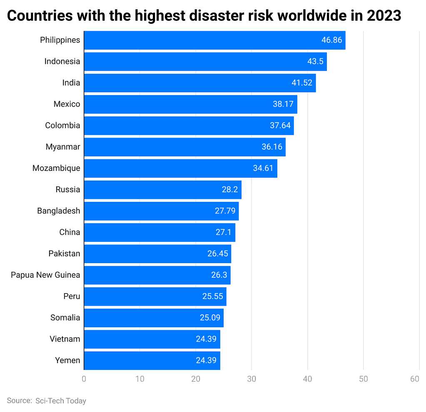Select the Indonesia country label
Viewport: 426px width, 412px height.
(x=62, y=61)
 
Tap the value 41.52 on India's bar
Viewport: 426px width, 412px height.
(x=301, y=83)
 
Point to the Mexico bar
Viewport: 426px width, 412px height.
(x=190, y=104)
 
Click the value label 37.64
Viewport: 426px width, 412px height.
(x=280, y=126)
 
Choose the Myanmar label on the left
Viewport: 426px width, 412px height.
(x=63, y=147)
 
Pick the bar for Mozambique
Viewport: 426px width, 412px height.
(x=180, y=168)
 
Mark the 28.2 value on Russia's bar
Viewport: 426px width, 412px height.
(x=229, y=190)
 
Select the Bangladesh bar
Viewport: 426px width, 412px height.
(x=161, y=211)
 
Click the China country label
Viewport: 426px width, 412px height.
(x=70, y=232)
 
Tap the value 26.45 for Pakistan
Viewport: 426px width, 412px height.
(x=218, y=254)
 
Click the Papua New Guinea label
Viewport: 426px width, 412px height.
(x=45, y=275)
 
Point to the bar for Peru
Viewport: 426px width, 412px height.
(x=155, y=296)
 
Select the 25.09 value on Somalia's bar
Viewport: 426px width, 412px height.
(x=210, y=318)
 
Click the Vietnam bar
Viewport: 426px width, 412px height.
(x=152, y=339)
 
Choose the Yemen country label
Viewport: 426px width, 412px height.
(x=67, y=360)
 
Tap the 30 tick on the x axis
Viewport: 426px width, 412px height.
(x=252, y=379)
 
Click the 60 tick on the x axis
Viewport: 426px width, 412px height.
(x=414, y=379)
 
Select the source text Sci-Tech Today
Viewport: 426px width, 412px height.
(x=60, y=401)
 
